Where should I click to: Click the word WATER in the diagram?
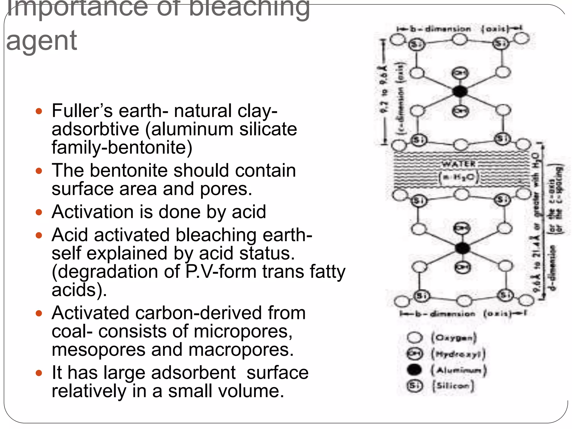pos(458,164)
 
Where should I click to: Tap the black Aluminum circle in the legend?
pos(414,370)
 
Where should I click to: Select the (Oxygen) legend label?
pos(454,337)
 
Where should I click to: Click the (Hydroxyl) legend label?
pos(458,354)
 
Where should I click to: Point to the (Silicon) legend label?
pos(453,386)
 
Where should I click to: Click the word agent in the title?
pos(41,41)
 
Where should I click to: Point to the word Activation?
pos(92,212)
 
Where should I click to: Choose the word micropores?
pos(243,331)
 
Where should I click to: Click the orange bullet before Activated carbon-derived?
pos(39,313)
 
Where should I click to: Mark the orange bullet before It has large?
pos(39,373)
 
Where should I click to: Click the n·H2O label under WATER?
pos(458,177)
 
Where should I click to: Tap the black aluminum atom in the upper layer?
pos(459,91)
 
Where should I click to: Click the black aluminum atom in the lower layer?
pos(462,248)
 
